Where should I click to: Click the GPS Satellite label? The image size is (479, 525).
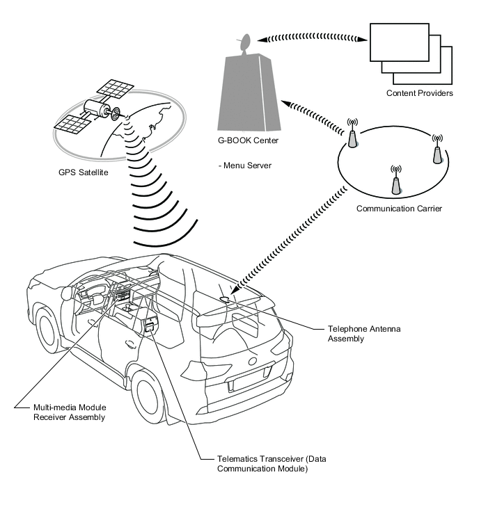83,172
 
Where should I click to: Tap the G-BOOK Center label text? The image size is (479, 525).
248,140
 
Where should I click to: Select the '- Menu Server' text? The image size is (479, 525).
245,165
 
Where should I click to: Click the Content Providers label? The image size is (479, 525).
419,93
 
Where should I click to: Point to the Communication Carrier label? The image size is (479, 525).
399,209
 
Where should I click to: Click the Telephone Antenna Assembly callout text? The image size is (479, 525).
364,334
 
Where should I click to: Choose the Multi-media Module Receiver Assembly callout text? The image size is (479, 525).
70,412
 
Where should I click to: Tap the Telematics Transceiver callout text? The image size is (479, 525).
272,463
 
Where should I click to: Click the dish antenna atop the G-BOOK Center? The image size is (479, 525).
246,43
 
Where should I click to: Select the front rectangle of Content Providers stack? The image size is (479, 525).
399,42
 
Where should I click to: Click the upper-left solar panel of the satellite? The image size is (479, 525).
115,89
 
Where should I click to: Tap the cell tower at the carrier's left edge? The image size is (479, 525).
352,134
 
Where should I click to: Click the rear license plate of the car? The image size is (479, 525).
251,378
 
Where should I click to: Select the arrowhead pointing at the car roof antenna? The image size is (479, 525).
235,289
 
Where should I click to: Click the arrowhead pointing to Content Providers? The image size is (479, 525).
362,40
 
